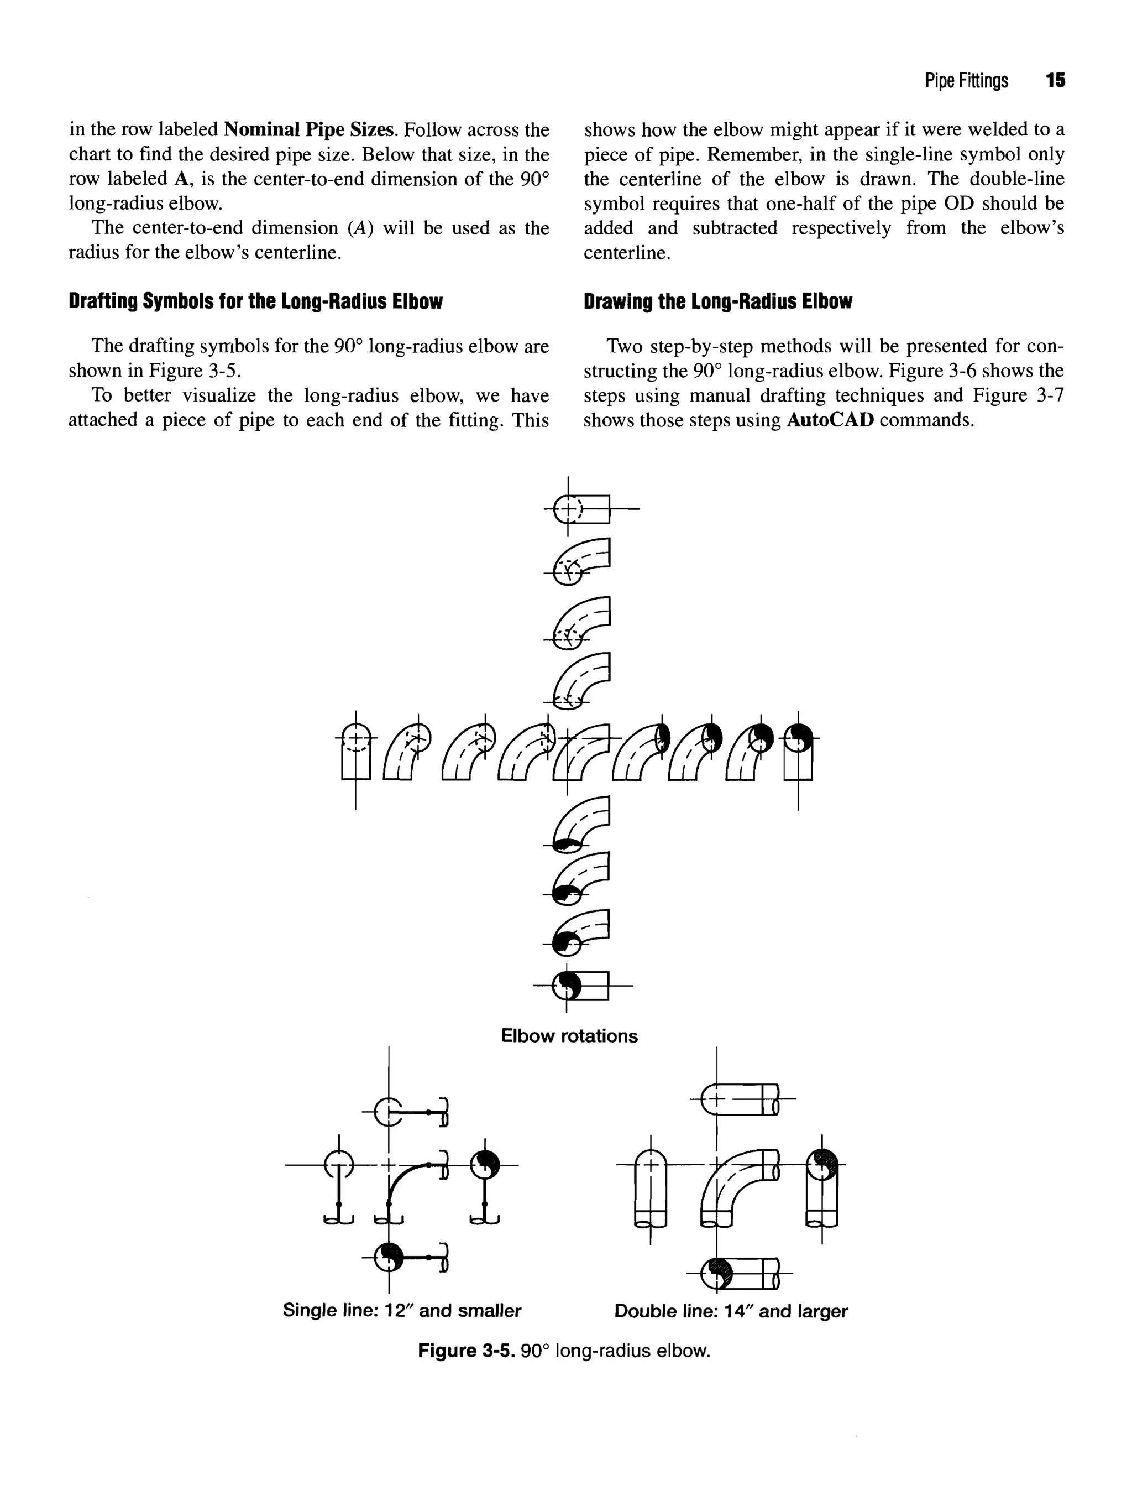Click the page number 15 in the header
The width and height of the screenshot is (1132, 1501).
(1055, 81)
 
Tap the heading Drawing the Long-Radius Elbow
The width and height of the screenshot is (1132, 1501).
(717, 301)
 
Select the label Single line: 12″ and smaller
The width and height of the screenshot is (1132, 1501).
(401, 1310)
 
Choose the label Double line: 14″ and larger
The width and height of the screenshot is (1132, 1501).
(731, 1310)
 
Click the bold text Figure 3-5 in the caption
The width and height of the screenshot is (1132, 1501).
(466, 1351)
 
